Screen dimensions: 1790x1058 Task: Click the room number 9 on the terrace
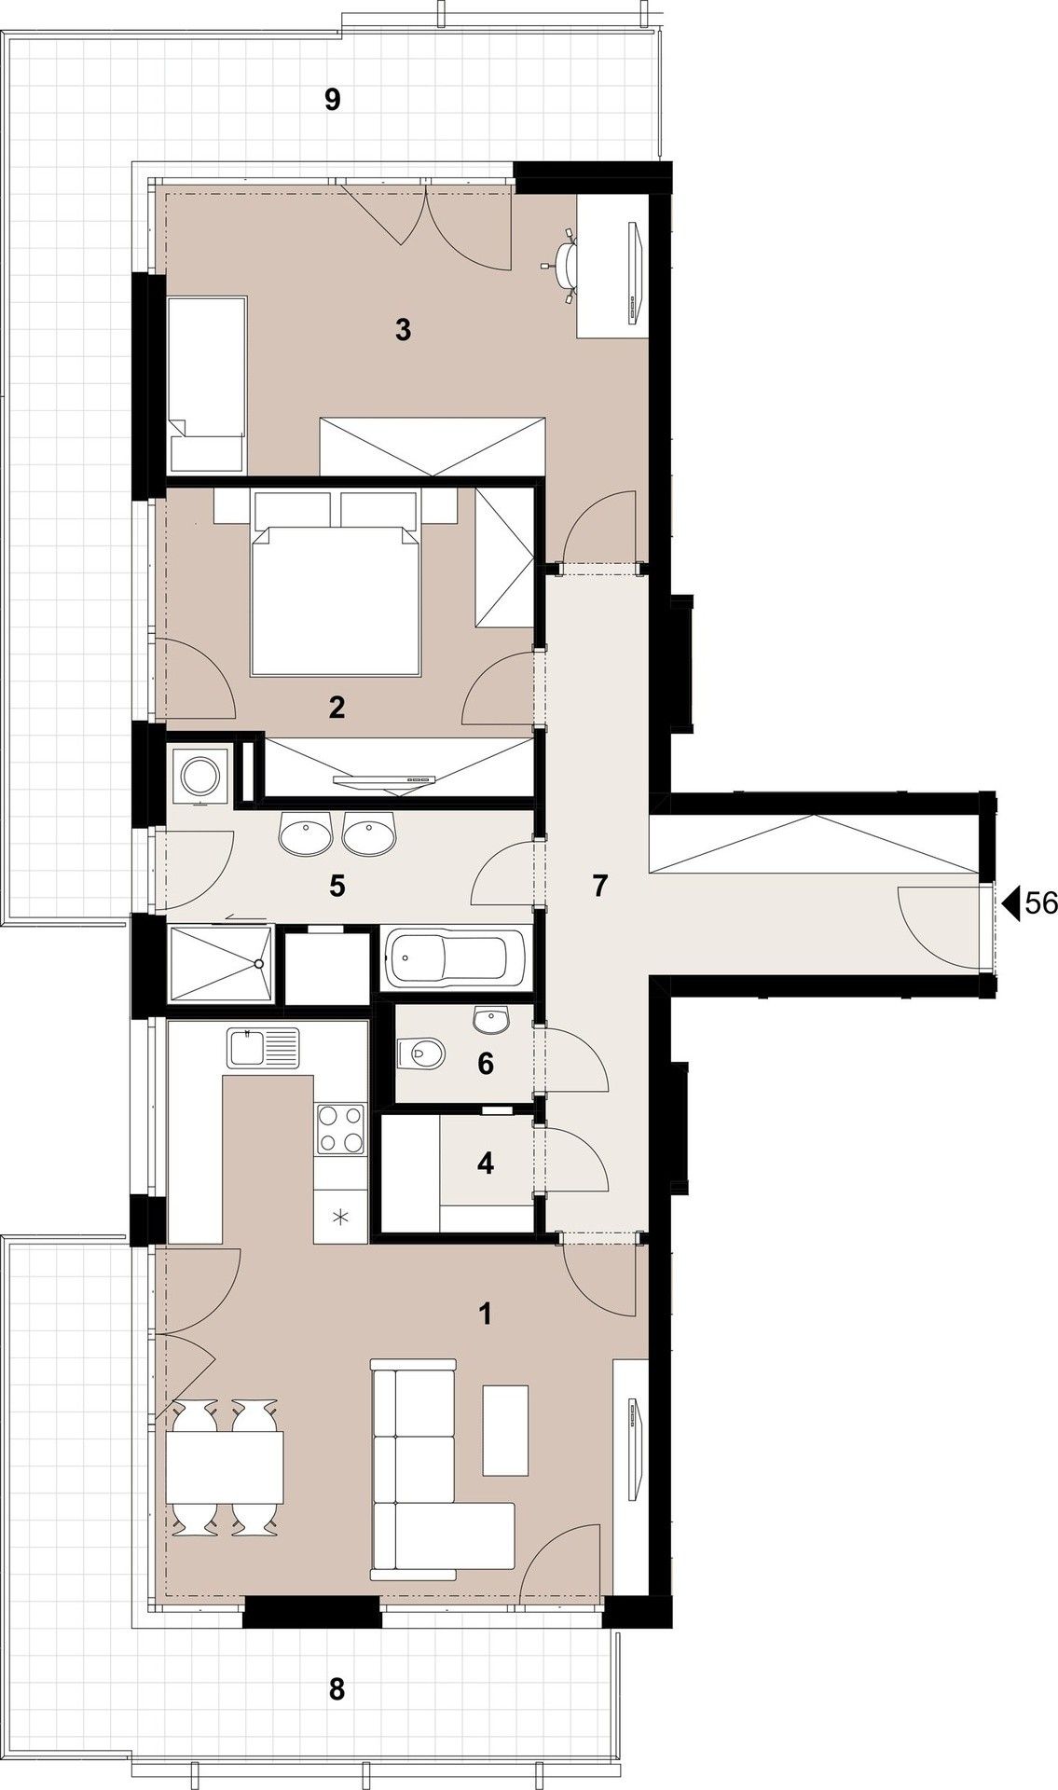point(333,99)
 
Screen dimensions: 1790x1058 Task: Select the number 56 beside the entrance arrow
point(1040,902)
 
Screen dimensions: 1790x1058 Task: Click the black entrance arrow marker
point(1012,902)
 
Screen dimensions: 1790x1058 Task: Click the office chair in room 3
point(564,265)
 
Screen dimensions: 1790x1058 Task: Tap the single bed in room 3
point(207,384)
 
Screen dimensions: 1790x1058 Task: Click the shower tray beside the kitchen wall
point(220,965)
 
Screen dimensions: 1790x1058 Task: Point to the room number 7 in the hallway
point(599,886)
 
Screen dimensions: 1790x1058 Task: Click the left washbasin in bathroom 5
point(305,833)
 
